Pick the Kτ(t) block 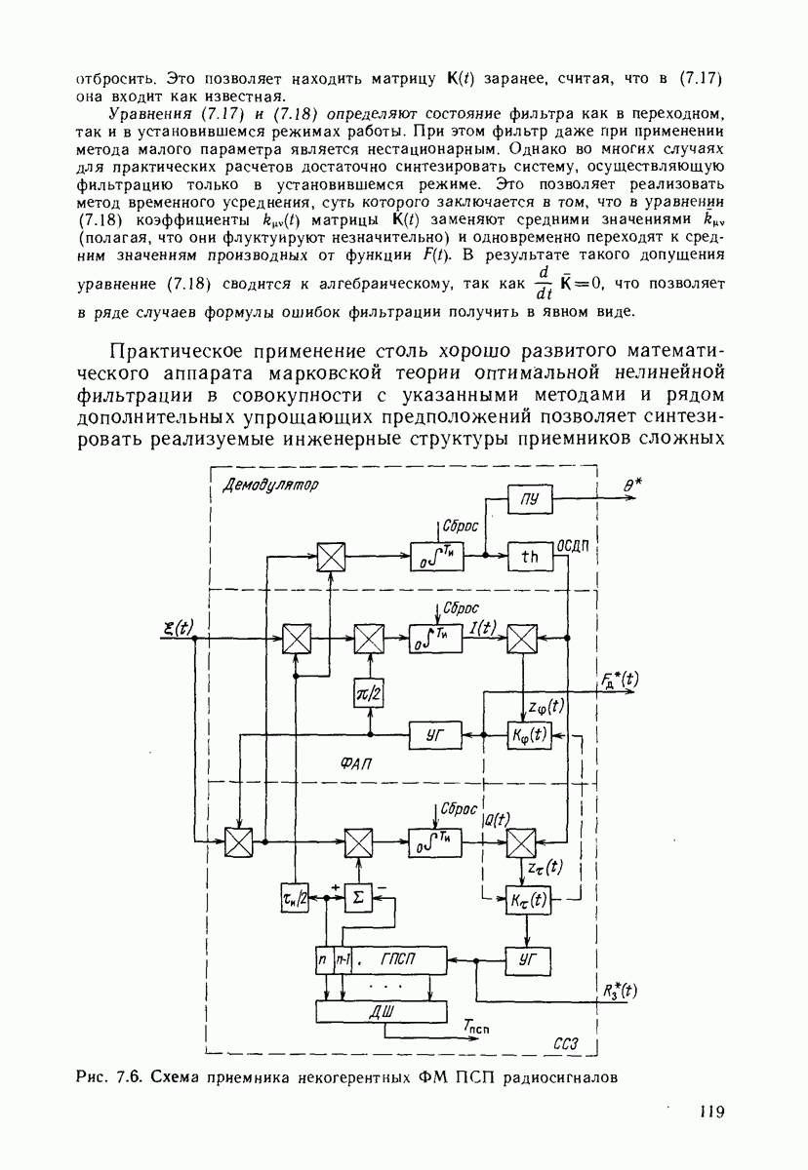point(527,898)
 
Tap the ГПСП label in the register point(398,960)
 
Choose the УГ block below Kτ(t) point(527,960)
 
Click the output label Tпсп point(476,1027)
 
